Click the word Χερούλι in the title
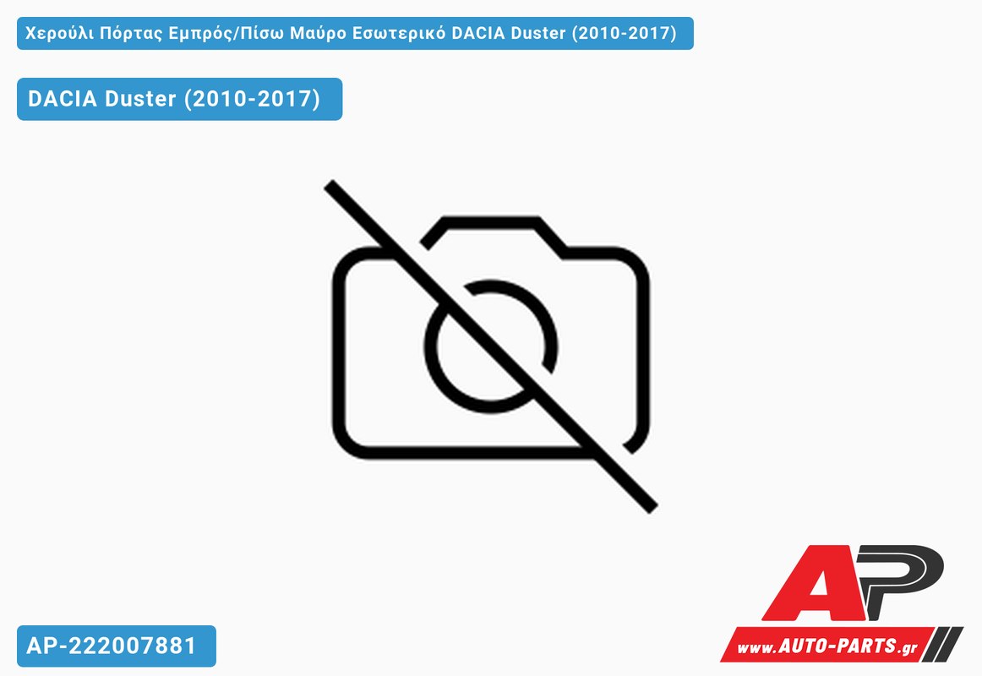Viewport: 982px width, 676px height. [59, 34]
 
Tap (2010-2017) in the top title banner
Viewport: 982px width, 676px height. [624, 33]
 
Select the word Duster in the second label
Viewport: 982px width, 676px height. [140, 99]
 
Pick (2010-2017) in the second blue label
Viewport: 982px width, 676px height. [252, 99]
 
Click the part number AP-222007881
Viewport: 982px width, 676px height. [112, 646]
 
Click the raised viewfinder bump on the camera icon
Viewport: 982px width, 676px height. [492, 221]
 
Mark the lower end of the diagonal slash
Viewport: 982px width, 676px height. [652, 508]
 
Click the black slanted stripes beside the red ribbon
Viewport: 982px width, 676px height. [945, 643]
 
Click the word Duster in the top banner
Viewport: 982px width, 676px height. [538, 33]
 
